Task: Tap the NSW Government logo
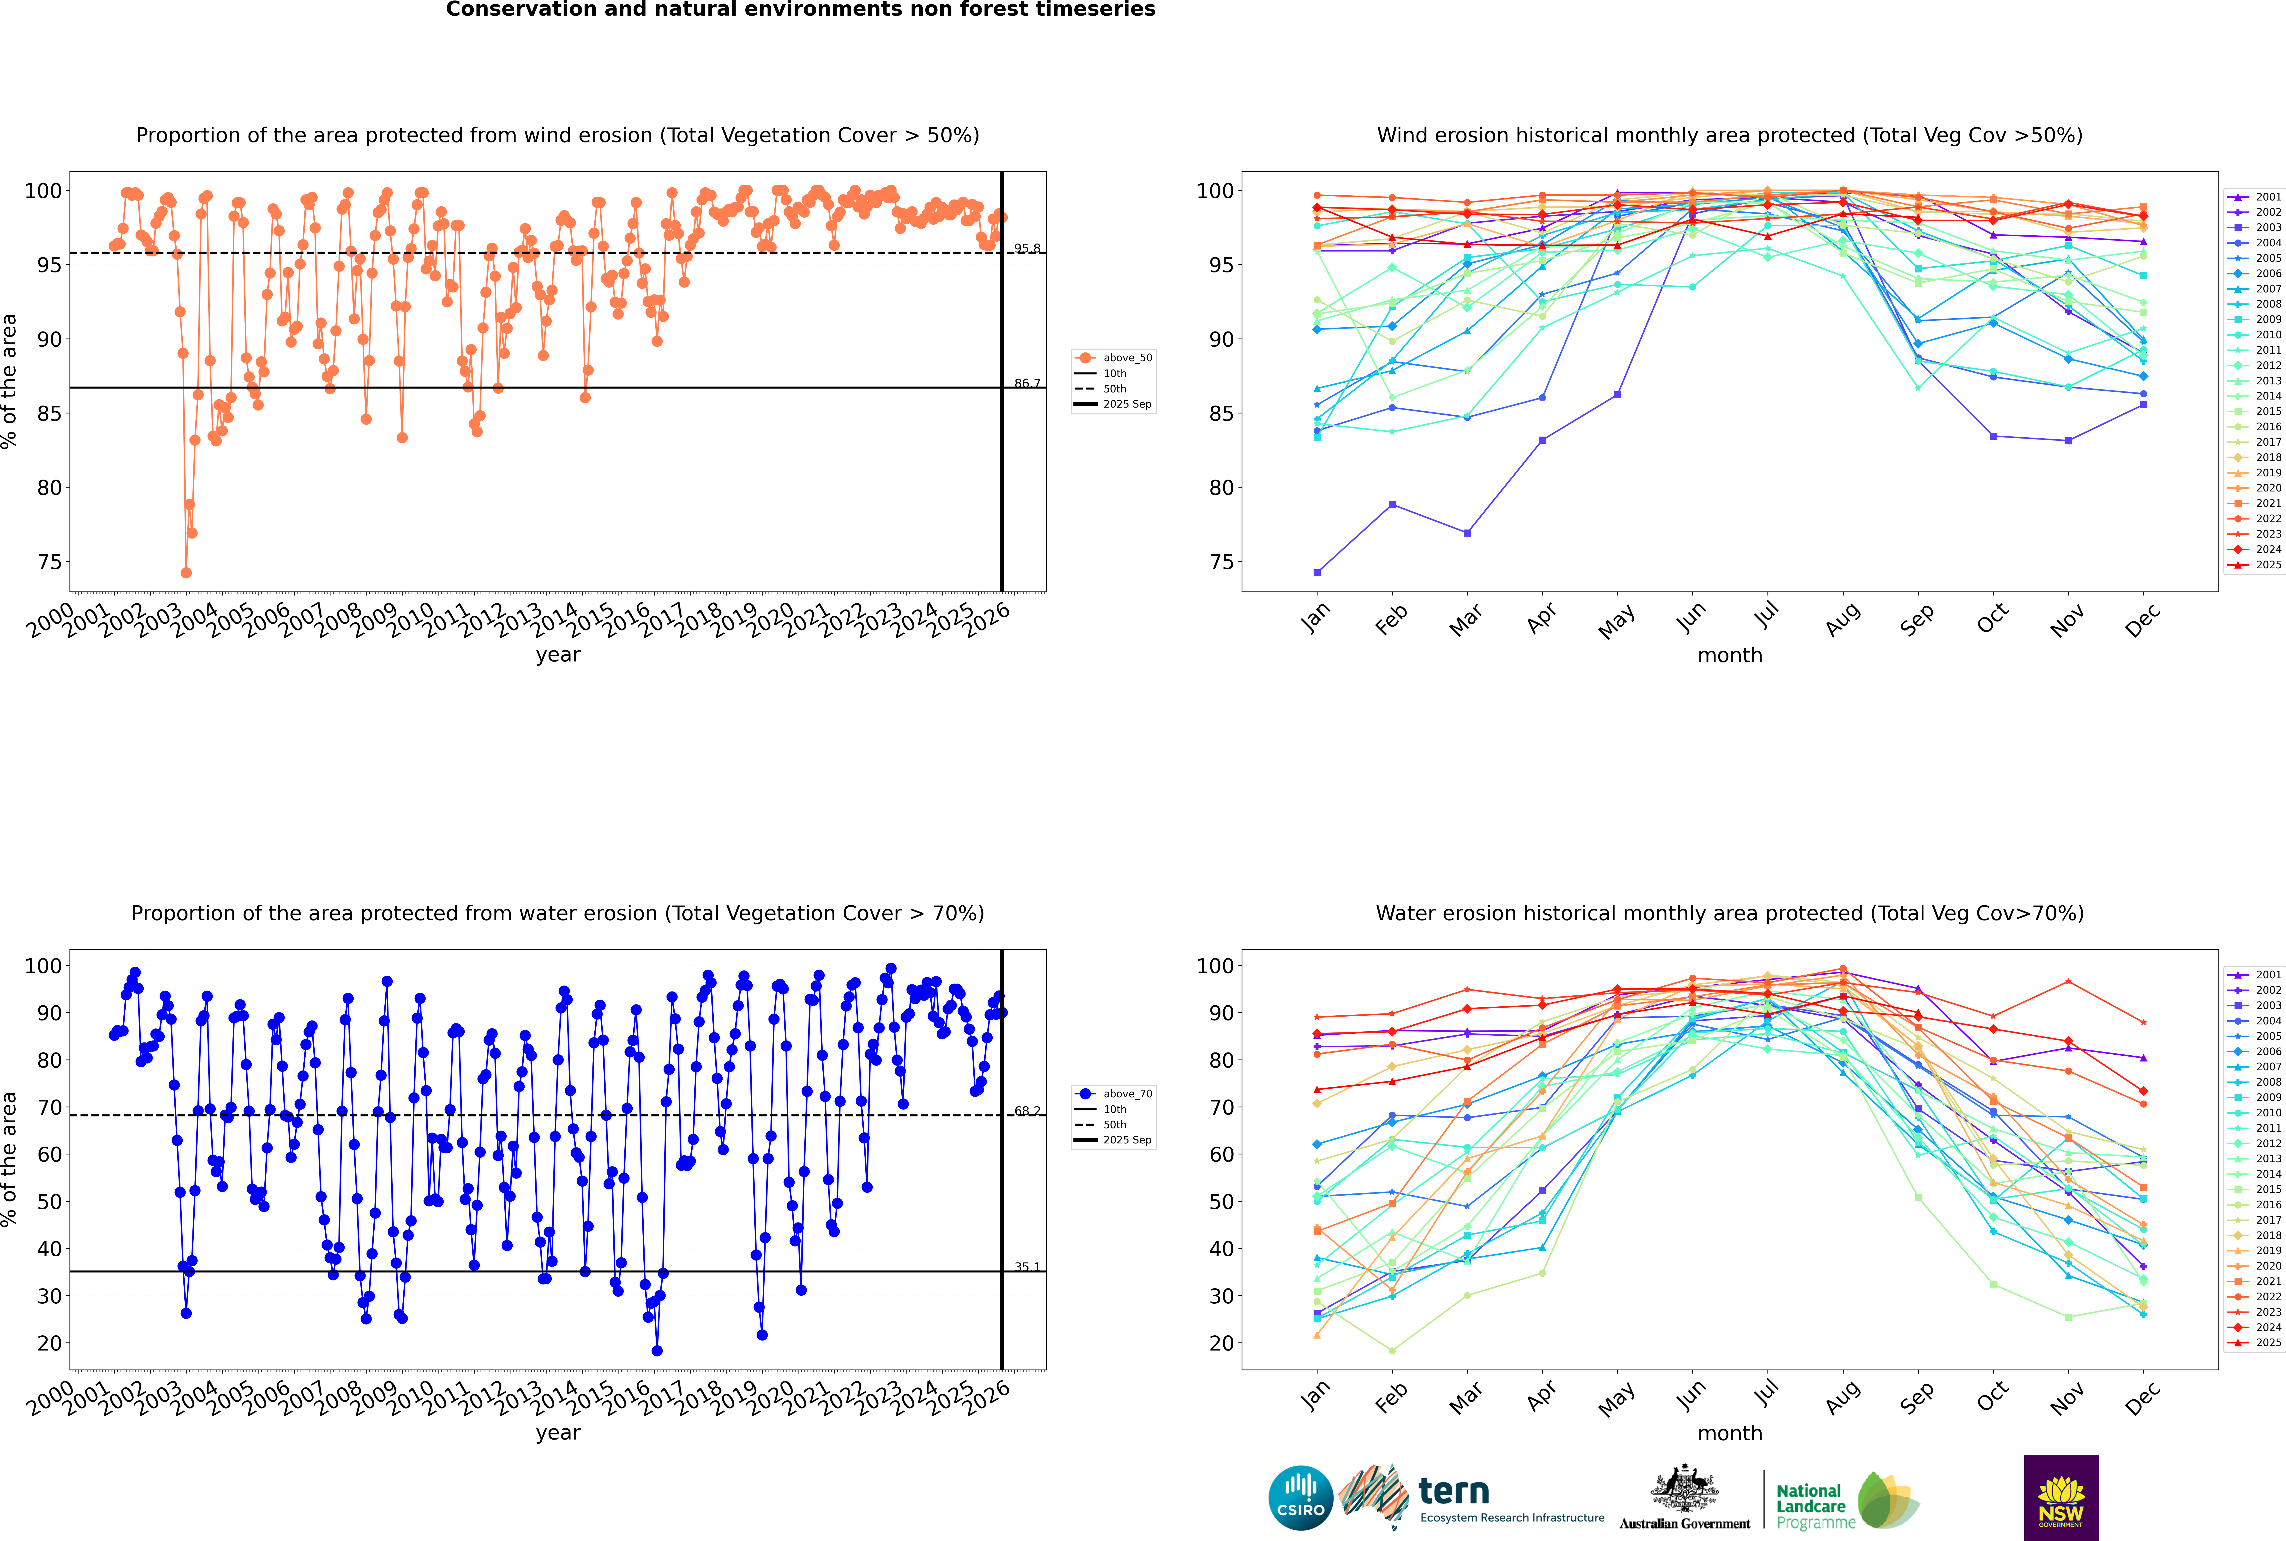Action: click(x=2061, y=1497)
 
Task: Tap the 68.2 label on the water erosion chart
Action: click(x=1027, y=1111)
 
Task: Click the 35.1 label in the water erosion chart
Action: click(x=1027, y=1267)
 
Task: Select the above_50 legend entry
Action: click(x=1115, y=358)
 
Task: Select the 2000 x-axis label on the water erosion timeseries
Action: click(x=51, y=1398)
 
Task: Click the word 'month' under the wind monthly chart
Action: click(x=1730, y=656)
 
